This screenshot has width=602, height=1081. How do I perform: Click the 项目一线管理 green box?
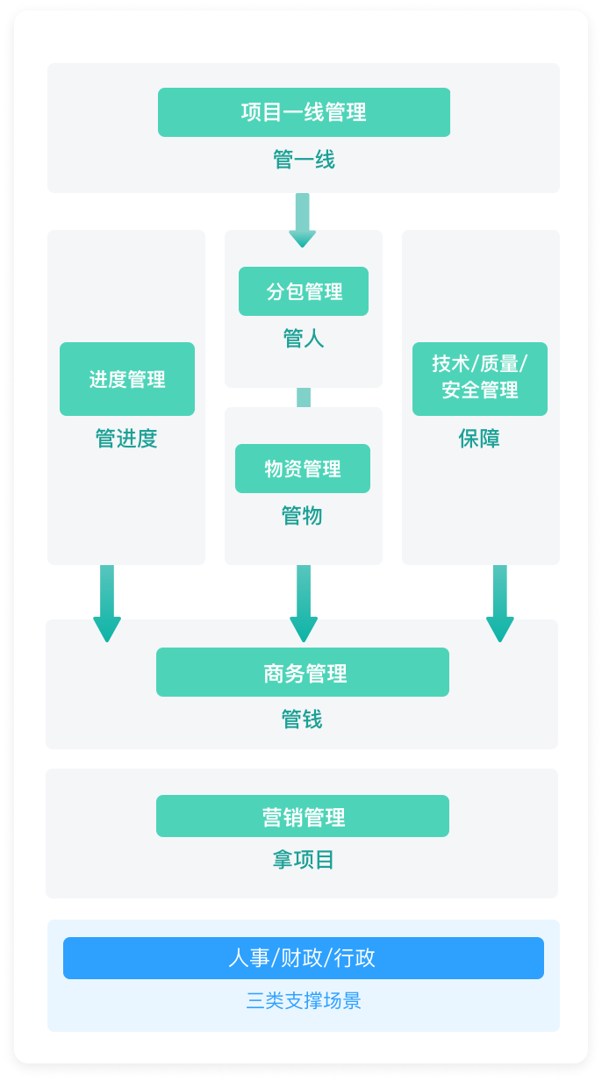[304, 112]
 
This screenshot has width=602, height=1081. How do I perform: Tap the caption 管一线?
[304, 160]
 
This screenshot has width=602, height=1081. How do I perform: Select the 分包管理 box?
[303, 291]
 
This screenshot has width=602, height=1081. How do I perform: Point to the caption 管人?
[303, 339]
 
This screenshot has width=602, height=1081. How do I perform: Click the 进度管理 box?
[127, 379]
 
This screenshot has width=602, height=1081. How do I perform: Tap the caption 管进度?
[126, 438]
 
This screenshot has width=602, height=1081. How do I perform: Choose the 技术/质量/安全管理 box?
[480, 379]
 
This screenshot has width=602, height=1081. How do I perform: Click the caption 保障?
[479, 438]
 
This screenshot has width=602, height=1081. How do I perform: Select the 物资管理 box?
[303, 469]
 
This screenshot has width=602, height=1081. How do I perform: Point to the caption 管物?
[302, 515]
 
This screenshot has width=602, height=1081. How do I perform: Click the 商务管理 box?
[303, 672]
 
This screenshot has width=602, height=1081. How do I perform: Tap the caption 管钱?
[302, 719]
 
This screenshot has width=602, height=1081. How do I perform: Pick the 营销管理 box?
[303, 816]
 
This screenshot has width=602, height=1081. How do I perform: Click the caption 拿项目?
[303, 860]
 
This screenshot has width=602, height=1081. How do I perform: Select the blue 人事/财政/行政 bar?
[304, 958]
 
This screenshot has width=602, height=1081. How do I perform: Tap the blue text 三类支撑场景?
[304, 1001]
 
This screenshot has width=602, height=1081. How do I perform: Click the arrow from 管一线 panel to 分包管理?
[302, 220]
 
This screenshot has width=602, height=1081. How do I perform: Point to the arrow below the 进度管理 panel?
[107, 604]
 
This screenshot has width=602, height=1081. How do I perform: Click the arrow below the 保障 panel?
[500, 604]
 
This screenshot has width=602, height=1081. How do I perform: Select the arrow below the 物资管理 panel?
[304, 604]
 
